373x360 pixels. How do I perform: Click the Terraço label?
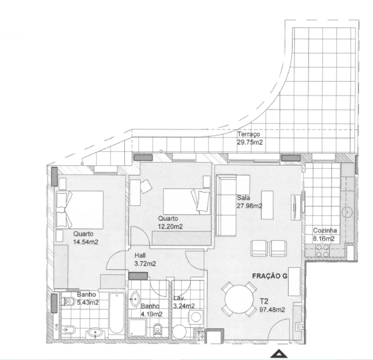(248, 134)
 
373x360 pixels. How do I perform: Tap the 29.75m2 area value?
(250, 142)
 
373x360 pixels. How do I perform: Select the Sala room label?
(243, 197)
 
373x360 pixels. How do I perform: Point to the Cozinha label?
(325, 231)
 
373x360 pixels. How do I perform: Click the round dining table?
(239, 300)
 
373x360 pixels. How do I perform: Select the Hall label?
(140, 254)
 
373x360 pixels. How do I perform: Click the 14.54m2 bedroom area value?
(85, 242)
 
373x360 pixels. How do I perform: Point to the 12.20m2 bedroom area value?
(170, 226)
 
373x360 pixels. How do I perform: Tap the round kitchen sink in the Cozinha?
(347, 212)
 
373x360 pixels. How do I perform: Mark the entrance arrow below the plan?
(279, 354)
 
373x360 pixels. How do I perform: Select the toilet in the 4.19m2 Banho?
(158, 329)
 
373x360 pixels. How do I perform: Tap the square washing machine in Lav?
(195, 316)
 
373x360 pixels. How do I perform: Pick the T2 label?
(264, 301)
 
